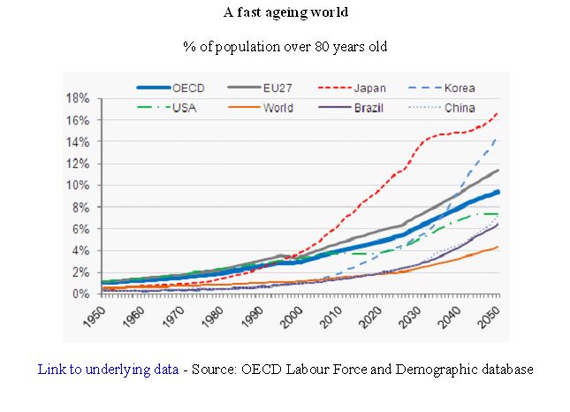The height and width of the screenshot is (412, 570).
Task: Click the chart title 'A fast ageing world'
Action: coord(285,12)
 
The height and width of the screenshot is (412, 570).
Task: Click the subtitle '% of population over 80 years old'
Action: coord(285,46)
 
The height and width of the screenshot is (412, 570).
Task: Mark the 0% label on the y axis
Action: coord(80,294)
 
